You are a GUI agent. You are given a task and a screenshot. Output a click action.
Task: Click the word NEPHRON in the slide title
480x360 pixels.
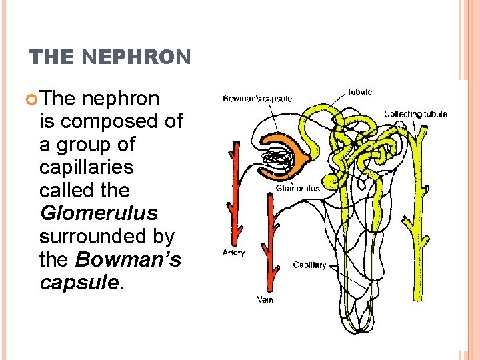pos(137,58)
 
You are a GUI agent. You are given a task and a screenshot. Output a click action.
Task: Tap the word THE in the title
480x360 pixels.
pos(53,58)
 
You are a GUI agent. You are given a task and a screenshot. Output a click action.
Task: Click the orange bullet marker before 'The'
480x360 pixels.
pos(33,99)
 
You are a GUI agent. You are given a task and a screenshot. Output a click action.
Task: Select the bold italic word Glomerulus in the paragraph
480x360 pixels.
pos(99,213)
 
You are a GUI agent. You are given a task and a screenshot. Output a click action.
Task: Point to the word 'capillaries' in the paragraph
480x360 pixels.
pos(87,167)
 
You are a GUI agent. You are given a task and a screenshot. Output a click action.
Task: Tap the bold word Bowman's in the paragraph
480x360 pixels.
pos(128,259)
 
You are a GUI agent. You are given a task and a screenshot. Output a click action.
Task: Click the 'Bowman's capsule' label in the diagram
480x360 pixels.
pos(257,99)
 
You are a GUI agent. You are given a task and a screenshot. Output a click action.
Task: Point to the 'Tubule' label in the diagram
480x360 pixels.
pos(359,91)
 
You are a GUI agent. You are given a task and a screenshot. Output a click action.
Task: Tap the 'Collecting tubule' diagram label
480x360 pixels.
pos(415,114)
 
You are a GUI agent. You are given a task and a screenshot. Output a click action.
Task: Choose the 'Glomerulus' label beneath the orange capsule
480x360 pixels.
pos(297,188)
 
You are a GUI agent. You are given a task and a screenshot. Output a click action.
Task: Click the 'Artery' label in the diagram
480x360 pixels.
pos(233,253)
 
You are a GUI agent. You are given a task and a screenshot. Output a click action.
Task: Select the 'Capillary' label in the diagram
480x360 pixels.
pos(309,265)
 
